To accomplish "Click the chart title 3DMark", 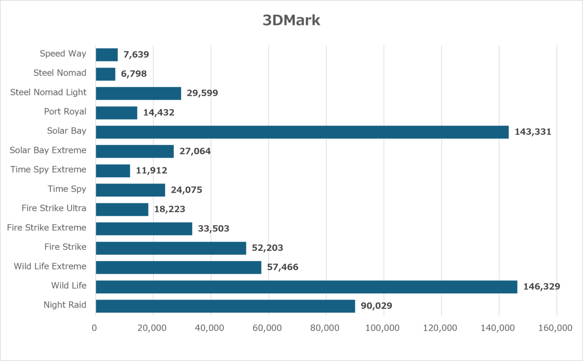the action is click(291, 20).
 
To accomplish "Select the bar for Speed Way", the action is click(107, 55).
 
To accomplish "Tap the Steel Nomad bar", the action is click(105, 74).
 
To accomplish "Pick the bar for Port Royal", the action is click(116, 113).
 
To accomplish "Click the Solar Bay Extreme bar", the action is click(135, 151).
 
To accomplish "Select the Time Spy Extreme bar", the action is click(113, 171).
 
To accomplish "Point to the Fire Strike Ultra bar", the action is click(122, 210).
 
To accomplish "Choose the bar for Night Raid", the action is click(225, 306).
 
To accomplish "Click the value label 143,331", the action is click(533, 132).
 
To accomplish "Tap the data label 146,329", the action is click(542, 286).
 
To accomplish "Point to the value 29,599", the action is click(202, 93).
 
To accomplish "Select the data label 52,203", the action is click(267, 247).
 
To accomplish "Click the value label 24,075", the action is click(187, 190).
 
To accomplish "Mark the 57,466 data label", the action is click(283, 267).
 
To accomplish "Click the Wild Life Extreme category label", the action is click(50, 266).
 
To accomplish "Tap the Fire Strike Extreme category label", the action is click(47, 228).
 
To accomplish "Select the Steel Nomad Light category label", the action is click(48, 92).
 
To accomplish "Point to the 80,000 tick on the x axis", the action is click(325, 328).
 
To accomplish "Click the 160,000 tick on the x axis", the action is click(555, 328).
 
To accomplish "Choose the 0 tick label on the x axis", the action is click(94, 328).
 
